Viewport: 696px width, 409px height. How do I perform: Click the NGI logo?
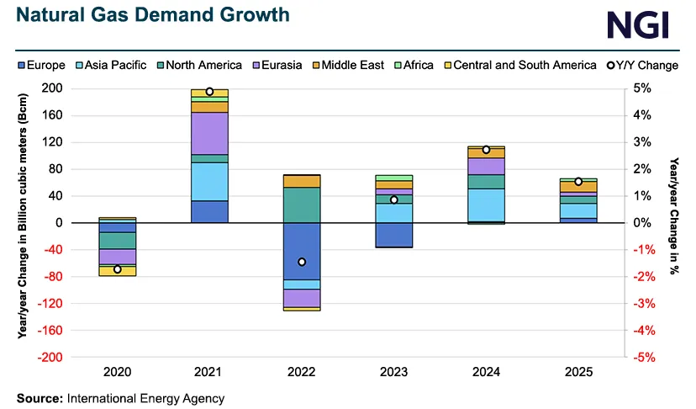638,24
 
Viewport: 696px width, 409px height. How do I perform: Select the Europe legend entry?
43,65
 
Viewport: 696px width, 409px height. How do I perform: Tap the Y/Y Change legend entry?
638,65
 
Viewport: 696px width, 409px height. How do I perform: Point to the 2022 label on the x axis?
301,371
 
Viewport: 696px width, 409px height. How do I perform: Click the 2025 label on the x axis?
577,371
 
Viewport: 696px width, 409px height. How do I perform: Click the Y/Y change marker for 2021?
209,92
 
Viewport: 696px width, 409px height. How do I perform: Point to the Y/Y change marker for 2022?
302,262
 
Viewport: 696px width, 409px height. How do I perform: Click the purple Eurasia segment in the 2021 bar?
209,133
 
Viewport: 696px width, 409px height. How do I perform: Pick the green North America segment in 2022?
302,204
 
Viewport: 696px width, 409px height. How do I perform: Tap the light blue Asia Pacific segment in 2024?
486,204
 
